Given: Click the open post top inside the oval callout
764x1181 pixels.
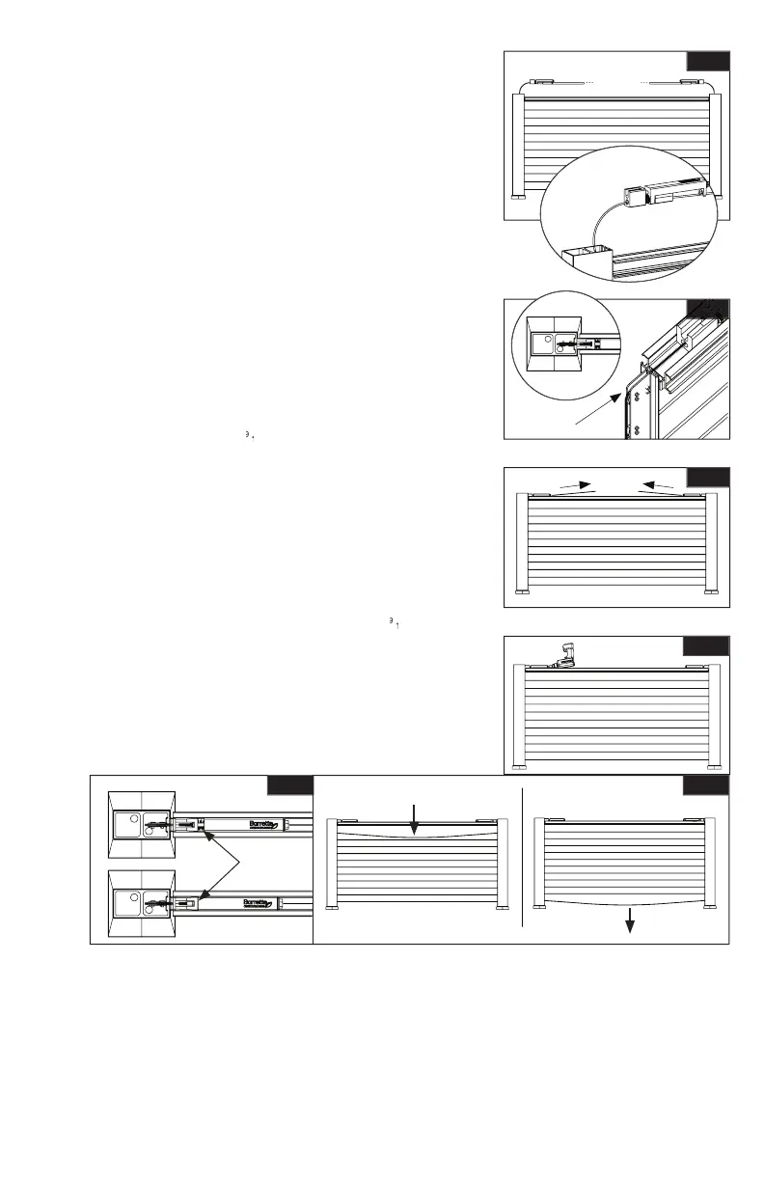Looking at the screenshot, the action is tap(587, 259).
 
